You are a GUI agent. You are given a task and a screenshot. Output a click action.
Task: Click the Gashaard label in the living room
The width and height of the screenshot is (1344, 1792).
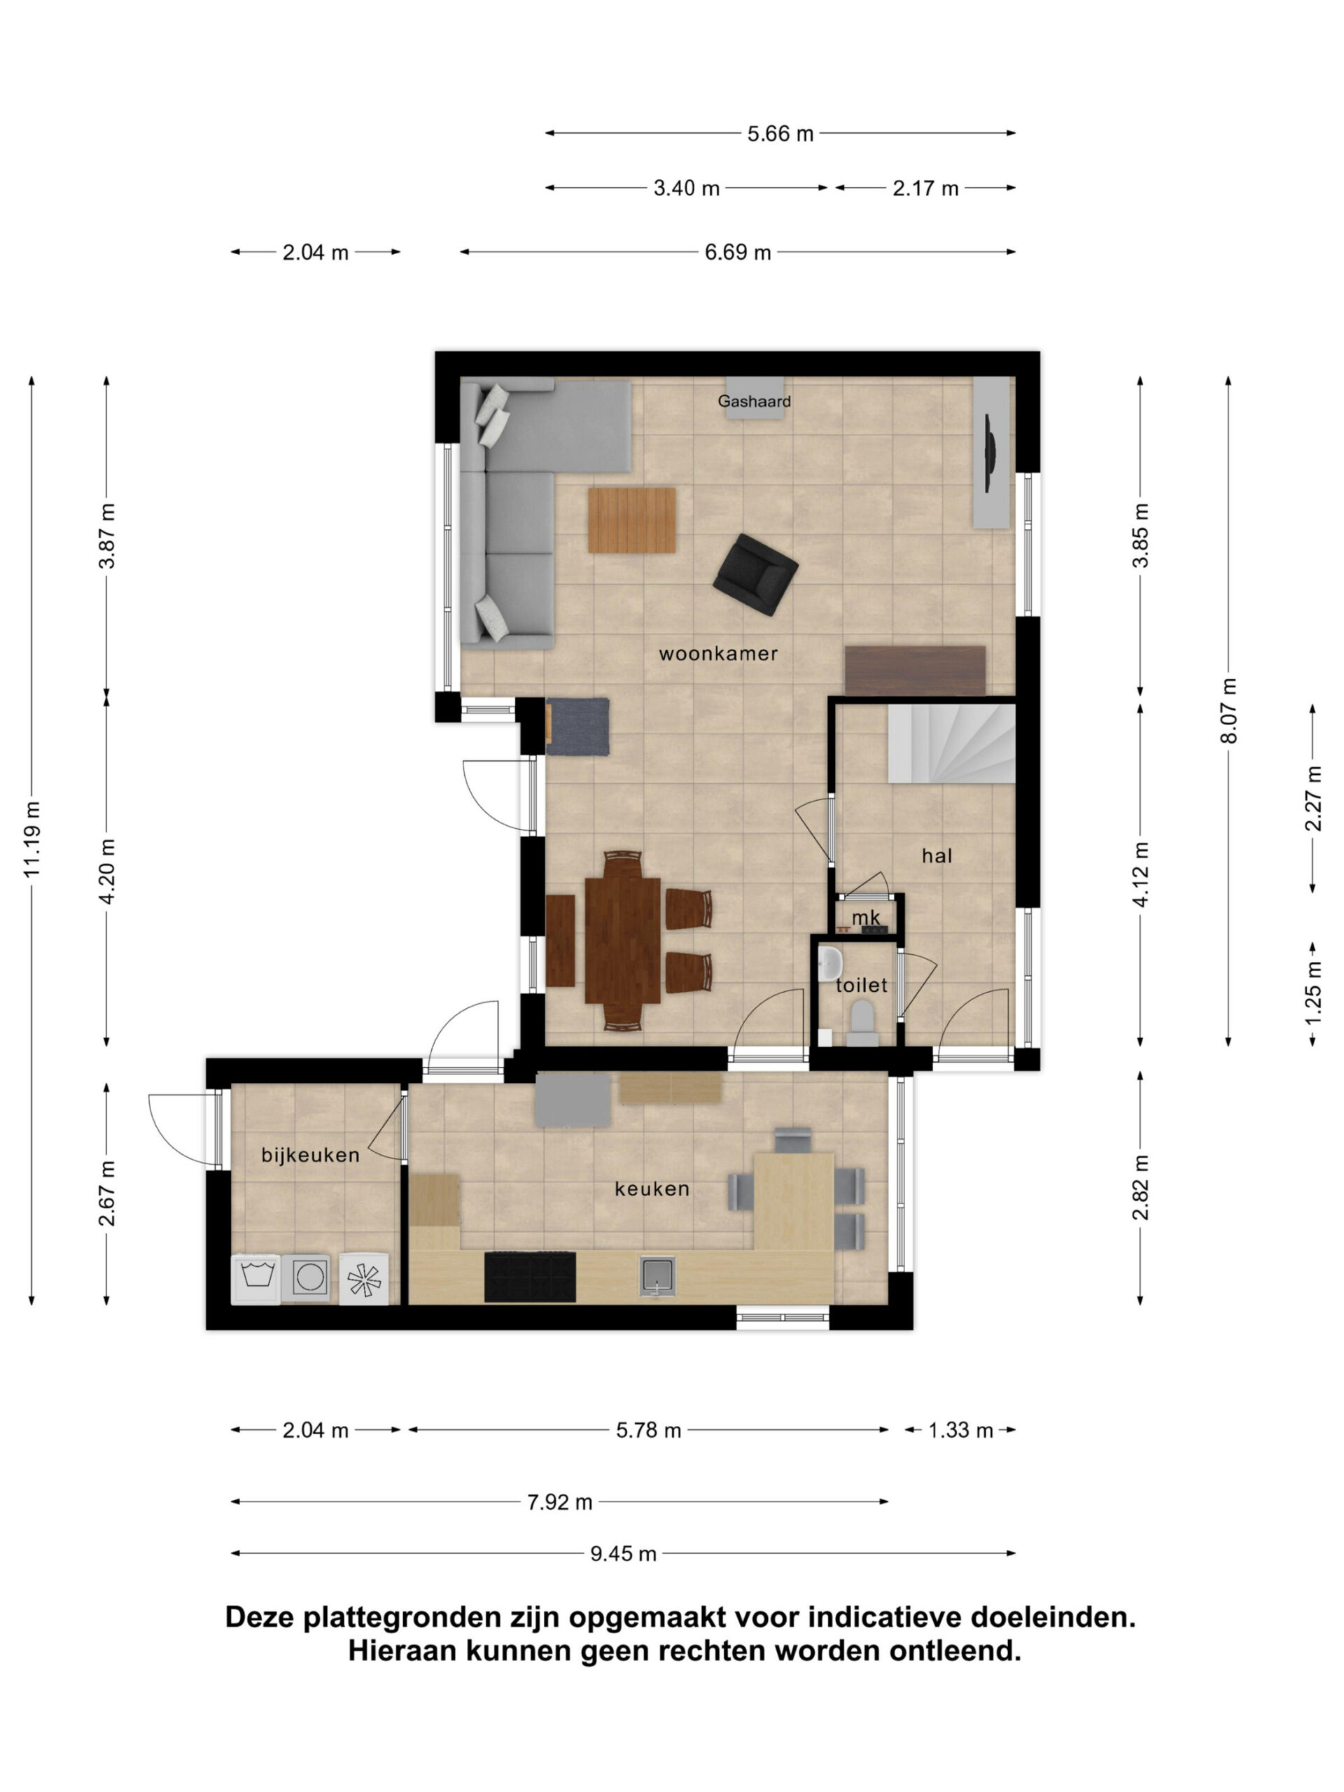[753, 401]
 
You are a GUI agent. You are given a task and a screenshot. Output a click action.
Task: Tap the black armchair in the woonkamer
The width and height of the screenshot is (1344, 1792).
[755, 575]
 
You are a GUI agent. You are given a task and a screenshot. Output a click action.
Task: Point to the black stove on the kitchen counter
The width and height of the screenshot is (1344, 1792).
[530, 1277]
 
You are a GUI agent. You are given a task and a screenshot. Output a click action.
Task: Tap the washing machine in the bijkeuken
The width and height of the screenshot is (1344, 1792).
[256, 1279]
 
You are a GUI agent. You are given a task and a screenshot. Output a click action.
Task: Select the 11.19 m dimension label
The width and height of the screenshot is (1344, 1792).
[31, 839]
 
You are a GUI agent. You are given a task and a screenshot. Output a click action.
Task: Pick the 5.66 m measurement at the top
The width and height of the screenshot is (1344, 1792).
[779, 134]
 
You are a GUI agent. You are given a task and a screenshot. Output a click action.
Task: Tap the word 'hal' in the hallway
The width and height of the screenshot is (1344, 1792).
[937, 855]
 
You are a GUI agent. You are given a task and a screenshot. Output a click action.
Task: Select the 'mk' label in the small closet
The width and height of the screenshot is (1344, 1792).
[866, 918]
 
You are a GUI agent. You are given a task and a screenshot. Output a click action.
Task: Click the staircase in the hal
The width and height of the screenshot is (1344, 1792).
[951, 743]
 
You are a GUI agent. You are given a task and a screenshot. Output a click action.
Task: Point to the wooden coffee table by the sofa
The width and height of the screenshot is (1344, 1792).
[632, 520]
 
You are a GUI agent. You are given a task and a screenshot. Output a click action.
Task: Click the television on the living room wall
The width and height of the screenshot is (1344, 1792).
[989, 454]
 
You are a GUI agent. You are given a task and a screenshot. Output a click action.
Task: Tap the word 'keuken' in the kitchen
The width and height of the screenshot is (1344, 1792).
[652, 1189]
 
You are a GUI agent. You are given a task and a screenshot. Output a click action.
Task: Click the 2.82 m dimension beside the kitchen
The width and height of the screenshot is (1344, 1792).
[1141, 1188]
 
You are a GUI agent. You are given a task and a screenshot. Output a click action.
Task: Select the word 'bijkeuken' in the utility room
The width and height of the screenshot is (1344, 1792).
[310, 1155]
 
